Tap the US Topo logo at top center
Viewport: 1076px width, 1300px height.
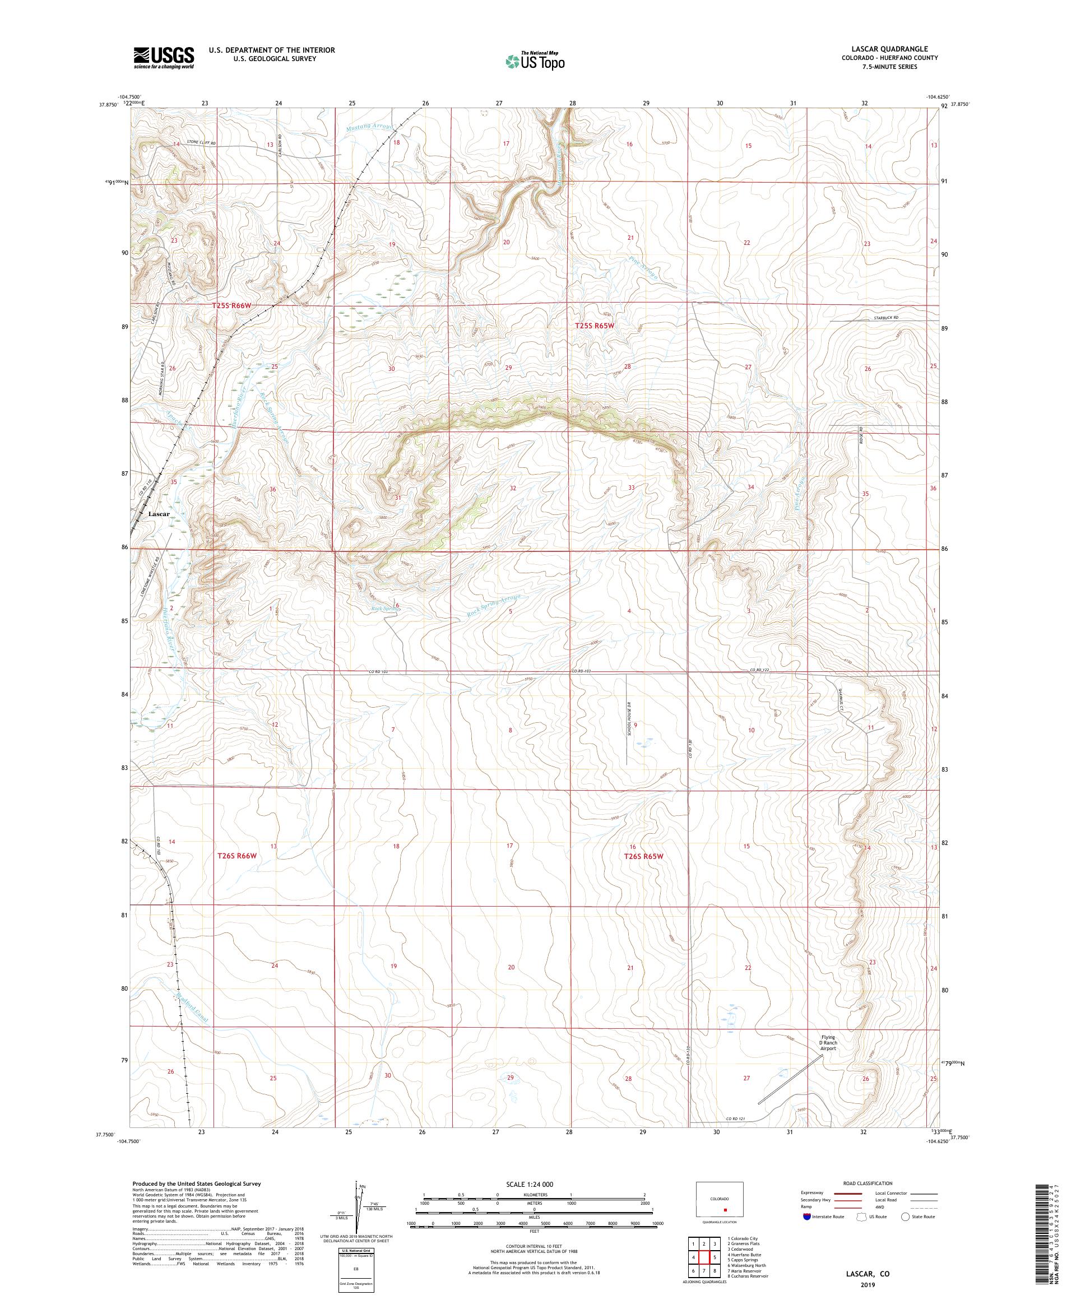point(536,61)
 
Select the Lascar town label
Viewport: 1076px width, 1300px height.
point(159,514)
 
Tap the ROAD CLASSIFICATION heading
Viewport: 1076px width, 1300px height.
point(870,1183)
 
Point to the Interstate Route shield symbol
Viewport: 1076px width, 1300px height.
point(806,1216)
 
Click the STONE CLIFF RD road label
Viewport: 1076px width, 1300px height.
point(201,142)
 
